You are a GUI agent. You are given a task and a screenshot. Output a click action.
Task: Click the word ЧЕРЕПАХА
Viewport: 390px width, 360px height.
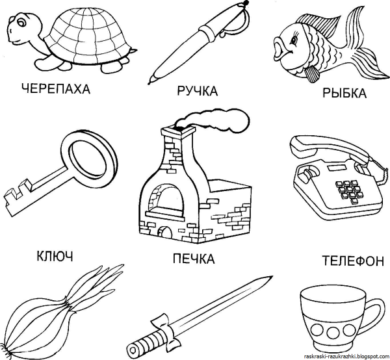point(56,89)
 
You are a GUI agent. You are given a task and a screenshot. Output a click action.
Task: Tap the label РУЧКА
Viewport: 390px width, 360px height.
point(198,91)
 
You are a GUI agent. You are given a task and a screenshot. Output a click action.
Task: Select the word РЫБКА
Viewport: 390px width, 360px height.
point(344,93)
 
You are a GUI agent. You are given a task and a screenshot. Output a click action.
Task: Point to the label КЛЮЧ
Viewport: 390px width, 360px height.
point(55,256)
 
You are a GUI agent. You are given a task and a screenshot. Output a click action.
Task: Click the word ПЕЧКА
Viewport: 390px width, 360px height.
point(194,259)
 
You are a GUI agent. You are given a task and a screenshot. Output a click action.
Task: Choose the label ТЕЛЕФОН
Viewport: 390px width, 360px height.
point(353,261)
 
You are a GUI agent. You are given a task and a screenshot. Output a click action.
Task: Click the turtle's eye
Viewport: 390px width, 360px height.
point(21,23)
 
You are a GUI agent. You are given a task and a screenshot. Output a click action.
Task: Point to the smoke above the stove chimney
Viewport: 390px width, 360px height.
point(214,120)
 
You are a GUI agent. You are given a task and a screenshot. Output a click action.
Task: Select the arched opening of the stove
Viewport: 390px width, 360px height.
point(163,198)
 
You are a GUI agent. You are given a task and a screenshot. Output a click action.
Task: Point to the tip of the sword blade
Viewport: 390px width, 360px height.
point(272,276)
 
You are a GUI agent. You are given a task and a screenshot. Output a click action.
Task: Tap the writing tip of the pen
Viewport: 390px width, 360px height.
point(150,82)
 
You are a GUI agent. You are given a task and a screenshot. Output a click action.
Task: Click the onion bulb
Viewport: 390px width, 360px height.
point(32,326)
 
